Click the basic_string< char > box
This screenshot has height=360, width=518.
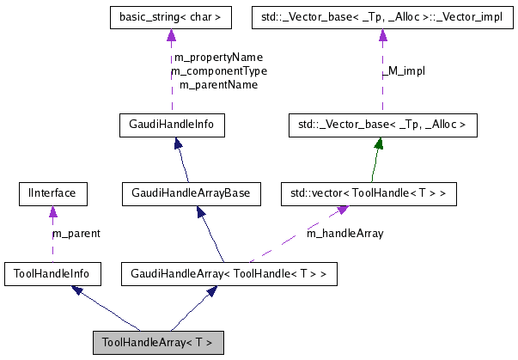pos(170,15)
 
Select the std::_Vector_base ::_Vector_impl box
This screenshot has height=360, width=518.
pos(381,15)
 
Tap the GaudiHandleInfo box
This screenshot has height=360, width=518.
pos(172,125)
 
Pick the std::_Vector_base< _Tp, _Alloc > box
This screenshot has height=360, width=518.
pos(382,125)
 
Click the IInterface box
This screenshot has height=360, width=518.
pos(52,193)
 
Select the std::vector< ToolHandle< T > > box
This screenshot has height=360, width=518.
pos(369,193)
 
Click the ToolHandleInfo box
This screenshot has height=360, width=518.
pos(52,274)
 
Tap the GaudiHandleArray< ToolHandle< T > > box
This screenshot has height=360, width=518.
pos(229,274)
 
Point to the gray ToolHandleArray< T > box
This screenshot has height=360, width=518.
pos(157,343)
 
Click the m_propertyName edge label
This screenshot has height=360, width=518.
pos(218,58)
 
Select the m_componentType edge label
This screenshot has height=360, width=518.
pos(218,70)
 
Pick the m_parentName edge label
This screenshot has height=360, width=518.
pos(218,84)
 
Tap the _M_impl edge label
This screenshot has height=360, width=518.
pos(404,71)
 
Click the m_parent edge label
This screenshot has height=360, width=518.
pos(76,233)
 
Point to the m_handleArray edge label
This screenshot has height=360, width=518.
pos(344,233)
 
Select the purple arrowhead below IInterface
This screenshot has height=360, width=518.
pos(52,211)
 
